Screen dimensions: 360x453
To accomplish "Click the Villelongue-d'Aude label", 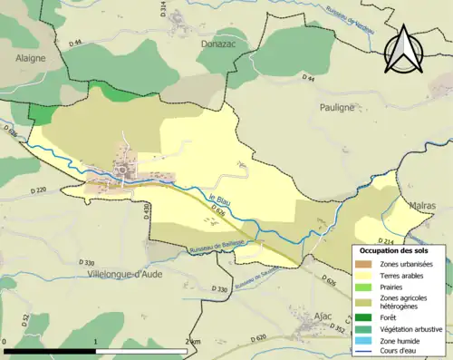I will pos(126,272).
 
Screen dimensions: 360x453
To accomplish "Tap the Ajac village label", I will pos(323,316).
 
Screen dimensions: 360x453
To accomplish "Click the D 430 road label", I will pos(145,210).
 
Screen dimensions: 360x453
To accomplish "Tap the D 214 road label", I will pos(384,242).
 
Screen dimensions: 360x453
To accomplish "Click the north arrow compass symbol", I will pos(405,55).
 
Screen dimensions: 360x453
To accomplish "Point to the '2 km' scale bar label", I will pos(191,341).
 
